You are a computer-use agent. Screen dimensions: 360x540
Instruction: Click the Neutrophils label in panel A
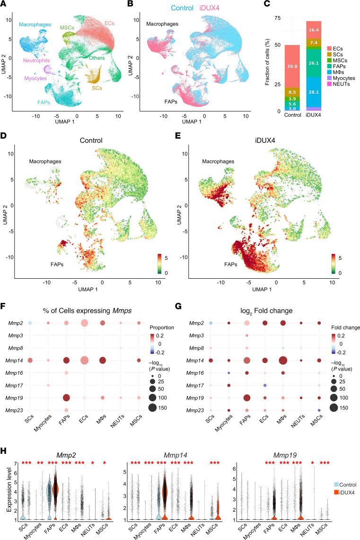(x=36, y=61)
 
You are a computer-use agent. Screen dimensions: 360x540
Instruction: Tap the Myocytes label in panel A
(x=35, y=79)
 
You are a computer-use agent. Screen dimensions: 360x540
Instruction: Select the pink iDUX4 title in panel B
(x=209, y=8)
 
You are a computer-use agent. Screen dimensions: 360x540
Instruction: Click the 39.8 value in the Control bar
(x=292, y=66)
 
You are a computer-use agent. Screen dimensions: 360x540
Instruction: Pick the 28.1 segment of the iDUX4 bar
(x=314, y=92)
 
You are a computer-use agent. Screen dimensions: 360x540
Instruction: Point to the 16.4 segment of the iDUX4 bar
(x=314, y=30)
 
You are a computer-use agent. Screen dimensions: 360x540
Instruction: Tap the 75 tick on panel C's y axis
(x=277, y=18)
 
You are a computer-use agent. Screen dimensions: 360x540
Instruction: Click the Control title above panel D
(x=91, y=141)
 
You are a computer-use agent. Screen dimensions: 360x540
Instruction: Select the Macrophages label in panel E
(x=218, y=161)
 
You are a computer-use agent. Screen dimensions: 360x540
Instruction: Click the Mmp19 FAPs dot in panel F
(x=66, y=398)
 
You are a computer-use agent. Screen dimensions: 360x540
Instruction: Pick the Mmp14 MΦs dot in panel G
(x=283, y=361)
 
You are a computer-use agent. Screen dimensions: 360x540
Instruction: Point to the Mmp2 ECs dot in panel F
(x=84, y=323)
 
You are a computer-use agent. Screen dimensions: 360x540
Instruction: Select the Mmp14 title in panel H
(x=176, y=455)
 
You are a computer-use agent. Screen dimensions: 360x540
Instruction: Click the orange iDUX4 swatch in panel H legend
(x=337, y=493)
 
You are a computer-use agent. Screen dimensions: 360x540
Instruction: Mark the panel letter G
(x=178, y=306)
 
